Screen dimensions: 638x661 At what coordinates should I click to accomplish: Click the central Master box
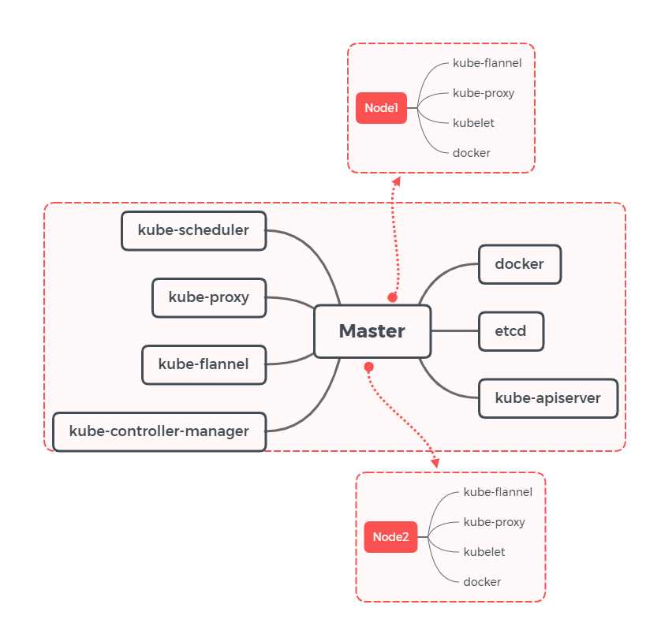tap(372, 331)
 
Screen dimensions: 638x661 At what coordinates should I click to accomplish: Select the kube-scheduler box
tap(193, 230)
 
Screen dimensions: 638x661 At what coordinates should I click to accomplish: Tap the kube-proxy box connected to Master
tap(209, 297)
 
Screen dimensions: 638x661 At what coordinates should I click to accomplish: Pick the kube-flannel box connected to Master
tap(204, 364)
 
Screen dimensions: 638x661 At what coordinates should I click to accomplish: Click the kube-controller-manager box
tap(159, 431)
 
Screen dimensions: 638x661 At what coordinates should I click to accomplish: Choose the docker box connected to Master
tap(519, 264)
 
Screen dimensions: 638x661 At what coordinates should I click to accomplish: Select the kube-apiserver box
tap(547, 398)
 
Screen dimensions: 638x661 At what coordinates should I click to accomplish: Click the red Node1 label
tap(381, 108)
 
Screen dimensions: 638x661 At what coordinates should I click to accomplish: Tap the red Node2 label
tap(391, 537)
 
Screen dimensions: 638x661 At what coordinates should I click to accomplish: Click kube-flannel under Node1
tap(487, 62)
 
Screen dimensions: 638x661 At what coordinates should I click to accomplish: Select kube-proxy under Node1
tap(484, 93)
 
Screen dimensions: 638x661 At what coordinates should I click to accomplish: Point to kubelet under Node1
tap(473, 123)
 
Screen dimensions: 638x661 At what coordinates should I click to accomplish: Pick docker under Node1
tap(472, 153)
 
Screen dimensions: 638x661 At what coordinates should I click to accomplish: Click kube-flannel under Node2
tap(498, 492)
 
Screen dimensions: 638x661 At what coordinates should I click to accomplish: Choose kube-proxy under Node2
tap(494, 522)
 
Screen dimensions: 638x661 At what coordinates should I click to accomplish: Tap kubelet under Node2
tap(484, 552)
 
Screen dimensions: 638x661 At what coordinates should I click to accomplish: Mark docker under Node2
tap(482, 582)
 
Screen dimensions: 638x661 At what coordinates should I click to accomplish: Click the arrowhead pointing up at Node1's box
tap(397, 181)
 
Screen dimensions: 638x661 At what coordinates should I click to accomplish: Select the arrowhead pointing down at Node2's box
tap(435, 465)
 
